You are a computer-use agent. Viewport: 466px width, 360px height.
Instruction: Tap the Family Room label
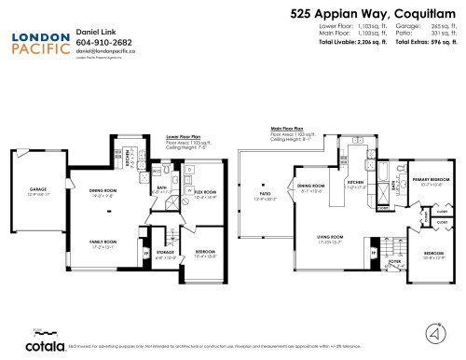[x=103, y=243]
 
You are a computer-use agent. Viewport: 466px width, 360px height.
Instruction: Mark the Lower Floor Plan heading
[x=185, y=136]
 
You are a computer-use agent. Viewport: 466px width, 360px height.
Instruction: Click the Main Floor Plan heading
[x=289, y=129]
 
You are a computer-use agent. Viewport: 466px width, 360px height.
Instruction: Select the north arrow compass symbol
[x=434, y=332]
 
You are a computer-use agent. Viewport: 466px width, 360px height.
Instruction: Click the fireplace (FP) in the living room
[x=373, y=253]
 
